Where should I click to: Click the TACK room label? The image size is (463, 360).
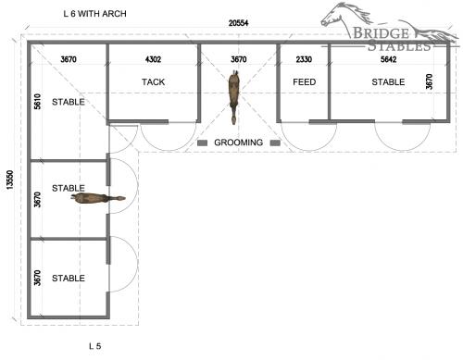(154, 82)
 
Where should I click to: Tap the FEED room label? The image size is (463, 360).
(305, 82)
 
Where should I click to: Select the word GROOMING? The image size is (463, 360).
(239, 143)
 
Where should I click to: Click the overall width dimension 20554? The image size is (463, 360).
(238, 23)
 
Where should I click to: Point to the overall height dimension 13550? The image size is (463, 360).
(10, 180)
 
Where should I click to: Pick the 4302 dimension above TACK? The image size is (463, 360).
(154, 59)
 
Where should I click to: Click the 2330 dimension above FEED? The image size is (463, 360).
(304, 59)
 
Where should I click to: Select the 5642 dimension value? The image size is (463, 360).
(389, 59)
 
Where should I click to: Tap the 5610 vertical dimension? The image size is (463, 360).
(37, 102)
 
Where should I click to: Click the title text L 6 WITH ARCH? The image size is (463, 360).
(94, 14)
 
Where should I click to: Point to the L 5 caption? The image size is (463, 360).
(95, 346)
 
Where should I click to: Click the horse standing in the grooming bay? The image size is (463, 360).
(234, 97)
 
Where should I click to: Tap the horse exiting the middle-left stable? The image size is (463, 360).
(98, 198)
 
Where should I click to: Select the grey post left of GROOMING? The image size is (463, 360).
(203, 143)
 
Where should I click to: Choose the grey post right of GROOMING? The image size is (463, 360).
(275, 143)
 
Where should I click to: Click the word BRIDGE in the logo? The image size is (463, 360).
(381, 33)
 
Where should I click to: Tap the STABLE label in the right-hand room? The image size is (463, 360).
(388, 82)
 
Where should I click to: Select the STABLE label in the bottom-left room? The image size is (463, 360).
(69, 279)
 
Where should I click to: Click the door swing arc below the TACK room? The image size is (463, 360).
(169, 150)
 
